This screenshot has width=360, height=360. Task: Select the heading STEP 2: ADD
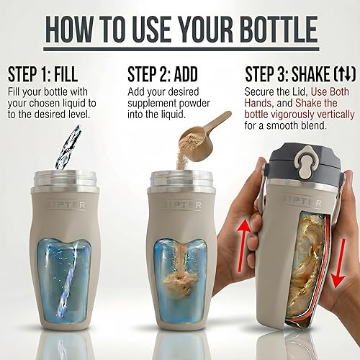(x=168, y=75)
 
